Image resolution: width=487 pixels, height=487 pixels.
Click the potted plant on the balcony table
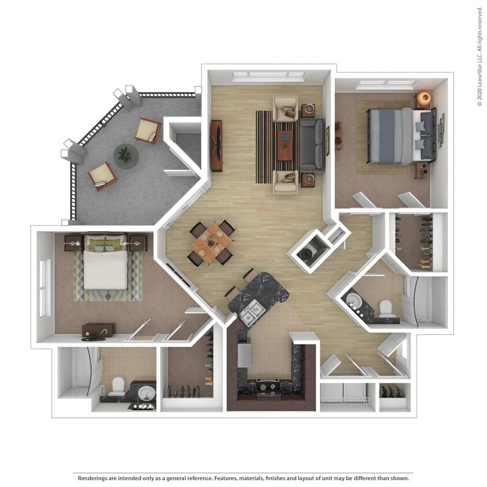(124, 154)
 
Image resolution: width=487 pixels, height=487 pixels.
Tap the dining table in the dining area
(211, 242)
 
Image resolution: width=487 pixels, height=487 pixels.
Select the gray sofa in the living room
(312, 144)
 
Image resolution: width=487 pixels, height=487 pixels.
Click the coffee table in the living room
(284, 145)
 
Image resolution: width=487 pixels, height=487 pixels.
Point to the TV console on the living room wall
(216, 145)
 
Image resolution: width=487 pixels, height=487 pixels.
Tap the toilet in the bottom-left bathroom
(117, 385)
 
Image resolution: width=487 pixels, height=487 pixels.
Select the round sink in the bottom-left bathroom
(146, 394)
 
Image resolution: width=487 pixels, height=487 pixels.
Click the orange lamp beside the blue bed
(424, 98)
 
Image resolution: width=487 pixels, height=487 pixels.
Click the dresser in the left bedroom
(98, 329)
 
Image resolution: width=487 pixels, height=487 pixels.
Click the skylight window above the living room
(268, 75)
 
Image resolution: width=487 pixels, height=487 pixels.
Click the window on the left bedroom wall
(44, 287)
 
